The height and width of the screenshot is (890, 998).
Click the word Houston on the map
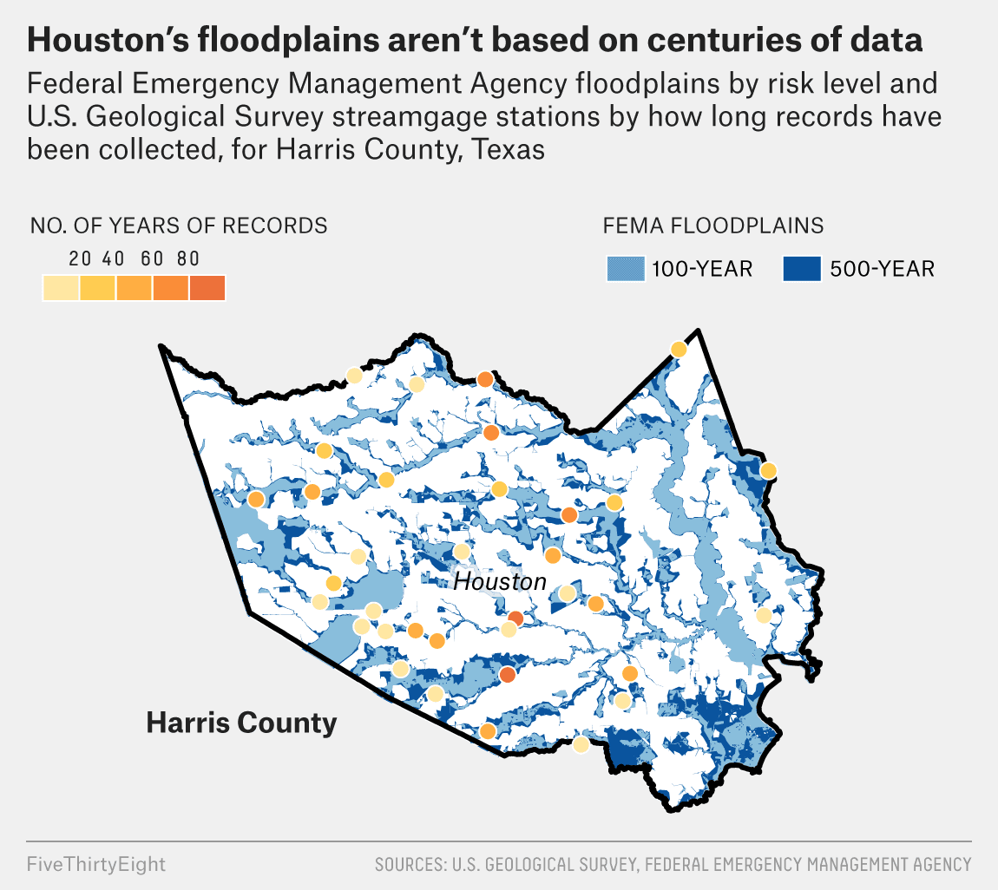(x=500, y=581)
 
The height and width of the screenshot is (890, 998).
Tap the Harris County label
(x=241, y=722)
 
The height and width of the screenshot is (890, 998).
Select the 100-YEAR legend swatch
(x=626, y=269)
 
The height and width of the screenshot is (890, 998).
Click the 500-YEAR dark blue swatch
(x=802, y=269)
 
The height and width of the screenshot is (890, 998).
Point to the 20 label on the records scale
(x=80, y=258)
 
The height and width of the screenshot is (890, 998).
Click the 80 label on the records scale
(x=188, y=258)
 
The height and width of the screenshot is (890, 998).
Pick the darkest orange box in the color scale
(x=207, y=287)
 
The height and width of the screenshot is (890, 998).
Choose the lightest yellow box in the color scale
(x=61, y=287)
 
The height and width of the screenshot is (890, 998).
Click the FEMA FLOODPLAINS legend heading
(x=713, y=226)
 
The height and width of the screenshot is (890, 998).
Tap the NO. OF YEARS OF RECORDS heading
(x=179, y=226)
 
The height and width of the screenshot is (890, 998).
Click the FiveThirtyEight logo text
(x=95, y=865)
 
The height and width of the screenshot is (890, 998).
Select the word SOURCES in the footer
(x=408, y=865)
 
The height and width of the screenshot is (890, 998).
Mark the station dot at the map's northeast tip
(x=679, y=350)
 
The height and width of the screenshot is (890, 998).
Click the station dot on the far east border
(x=768, y=470)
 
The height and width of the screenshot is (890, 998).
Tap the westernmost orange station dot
(x=256, y=500)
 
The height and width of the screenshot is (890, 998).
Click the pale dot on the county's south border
(x=581, y=744)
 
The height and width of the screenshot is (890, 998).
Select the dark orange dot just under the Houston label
(x=515, y=618)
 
